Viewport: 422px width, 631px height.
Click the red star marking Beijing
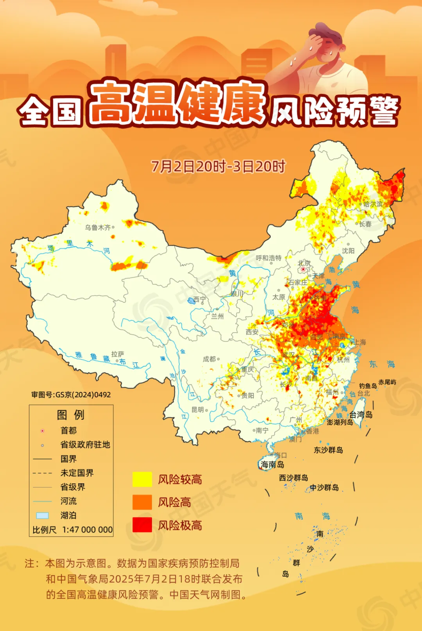303,269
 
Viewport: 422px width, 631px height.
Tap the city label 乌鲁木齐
98,227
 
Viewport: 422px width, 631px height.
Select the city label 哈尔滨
373,204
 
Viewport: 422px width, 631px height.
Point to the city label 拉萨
117,354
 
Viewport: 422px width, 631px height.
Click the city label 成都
209,359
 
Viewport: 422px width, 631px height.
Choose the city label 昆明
197,409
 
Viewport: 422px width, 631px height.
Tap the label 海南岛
272,465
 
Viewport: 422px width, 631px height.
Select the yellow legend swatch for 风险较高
142,479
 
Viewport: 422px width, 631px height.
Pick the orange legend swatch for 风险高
142,502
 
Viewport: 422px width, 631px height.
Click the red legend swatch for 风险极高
142,525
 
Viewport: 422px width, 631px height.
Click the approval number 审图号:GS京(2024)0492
71,395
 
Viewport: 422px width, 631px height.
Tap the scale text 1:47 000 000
88,530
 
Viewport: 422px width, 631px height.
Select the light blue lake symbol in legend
42,515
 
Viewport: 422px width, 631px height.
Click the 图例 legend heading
70,415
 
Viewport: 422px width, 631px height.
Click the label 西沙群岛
293,478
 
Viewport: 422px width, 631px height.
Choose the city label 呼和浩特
268,258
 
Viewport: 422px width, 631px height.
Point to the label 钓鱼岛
368,386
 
